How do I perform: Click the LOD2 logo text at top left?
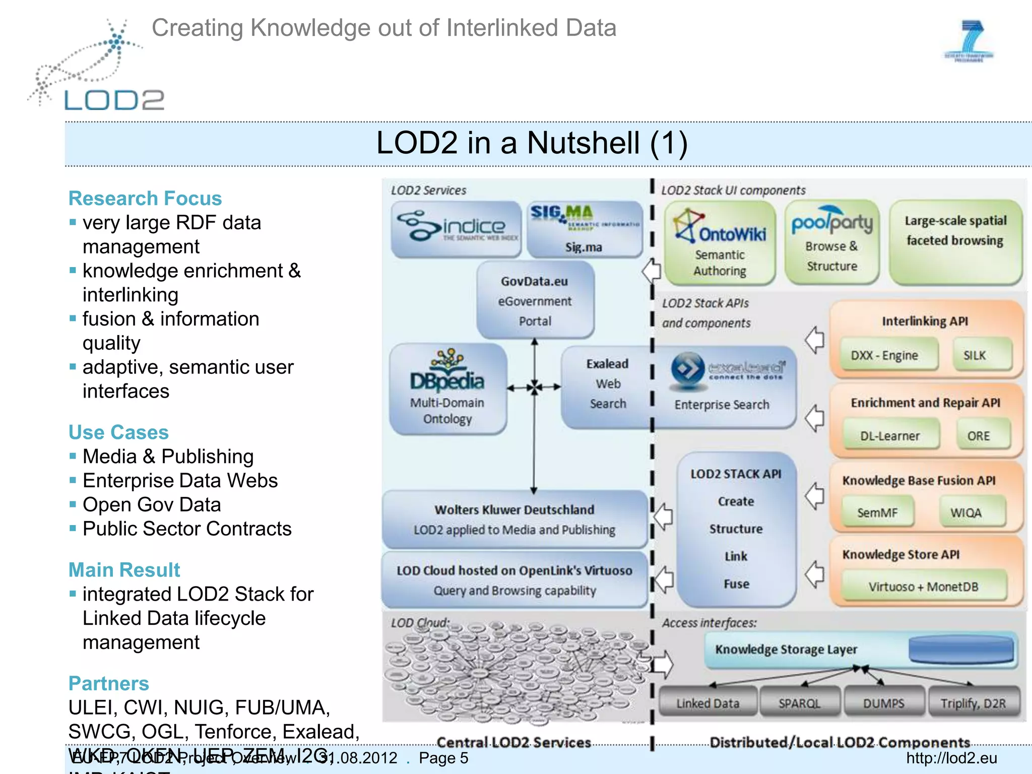(114, 100)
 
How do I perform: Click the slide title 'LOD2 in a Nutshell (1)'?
(532, 143)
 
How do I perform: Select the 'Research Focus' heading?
(145, 199)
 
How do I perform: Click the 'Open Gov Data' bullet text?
(152, 504)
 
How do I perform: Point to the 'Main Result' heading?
(124, 570)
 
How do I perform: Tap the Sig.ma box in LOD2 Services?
(584, 229)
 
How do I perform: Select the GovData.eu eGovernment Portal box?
(535, 300)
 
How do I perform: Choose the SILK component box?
(975, 355)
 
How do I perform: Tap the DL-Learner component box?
(889, 436)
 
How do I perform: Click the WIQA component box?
(965, 512)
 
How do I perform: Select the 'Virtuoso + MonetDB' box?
(923, 587)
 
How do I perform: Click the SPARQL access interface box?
(799, 703)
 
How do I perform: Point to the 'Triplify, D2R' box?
(973, 703)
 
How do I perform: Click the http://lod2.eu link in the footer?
(951, 758)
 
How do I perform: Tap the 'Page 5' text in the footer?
(443, 758)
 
